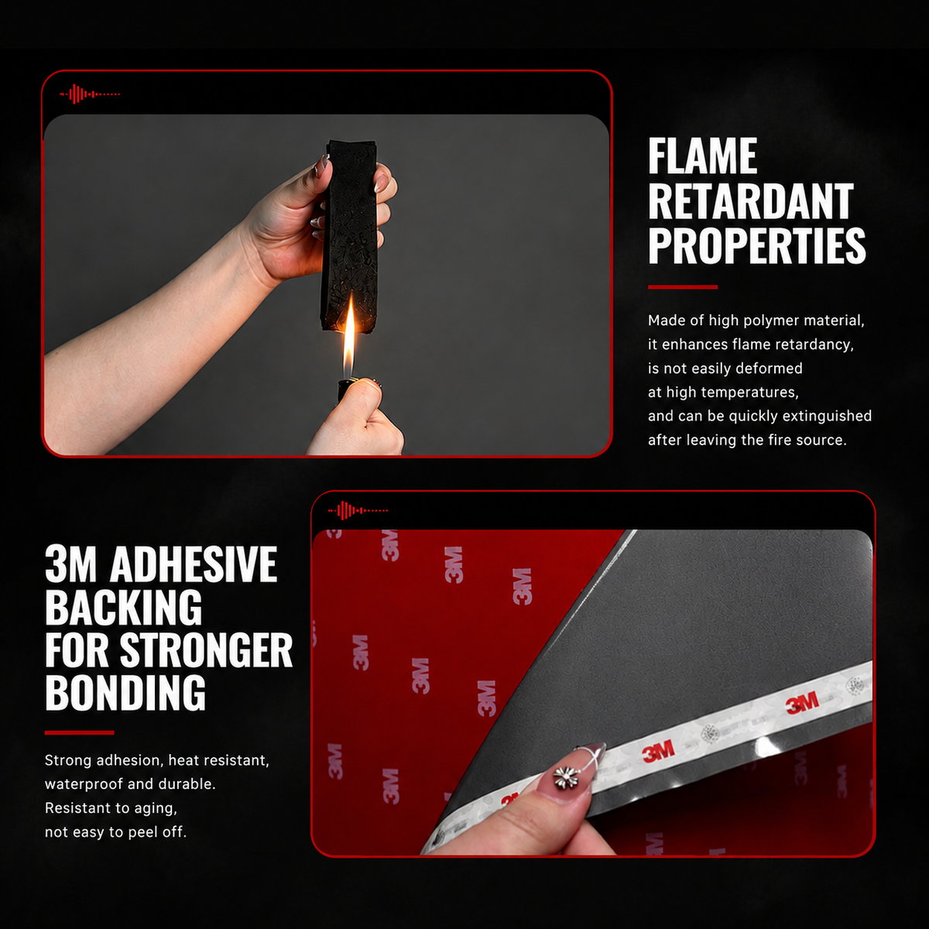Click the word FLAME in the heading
702,156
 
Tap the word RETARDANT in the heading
751,201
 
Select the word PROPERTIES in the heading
757,246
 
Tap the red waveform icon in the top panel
90,94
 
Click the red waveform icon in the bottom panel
358,510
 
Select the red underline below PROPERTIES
683,287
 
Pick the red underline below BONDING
79,733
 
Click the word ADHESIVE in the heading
194,564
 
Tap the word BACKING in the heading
123,608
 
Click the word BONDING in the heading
125,692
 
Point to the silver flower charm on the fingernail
566,776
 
